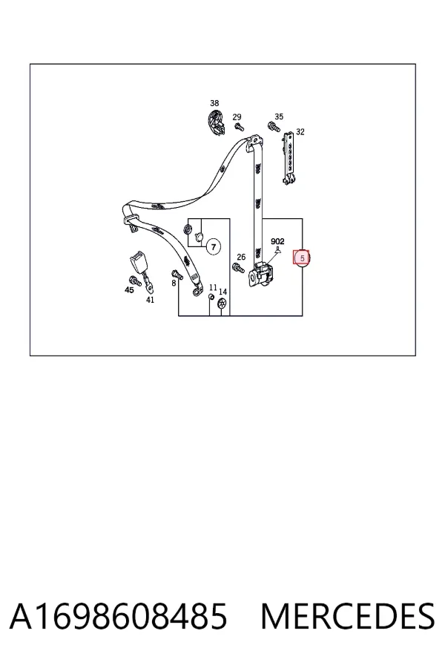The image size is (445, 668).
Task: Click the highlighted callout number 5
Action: tap(303, 258)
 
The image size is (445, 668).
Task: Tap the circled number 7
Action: tap(214, 246)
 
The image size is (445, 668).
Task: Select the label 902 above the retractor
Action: tap(277, 241)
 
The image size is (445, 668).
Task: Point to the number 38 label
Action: tap(214, 103)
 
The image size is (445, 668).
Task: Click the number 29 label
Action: tap(237, 117)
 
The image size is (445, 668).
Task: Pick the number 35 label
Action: tap(279, 117)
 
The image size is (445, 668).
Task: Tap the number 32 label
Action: tap(300, 132)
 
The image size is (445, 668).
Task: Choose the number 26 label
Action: tap(241, 257)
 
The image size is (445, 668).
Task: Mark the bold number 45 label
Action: tap(129, 290)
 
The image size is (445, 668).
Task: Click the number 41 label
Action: tap(150, 300)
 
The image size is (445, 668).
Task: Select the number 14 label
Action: tap(222, 292)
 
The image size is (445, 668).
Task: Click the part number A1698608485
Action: tap(118, 617)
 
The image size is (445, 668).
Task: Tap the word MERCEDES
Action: tap(348, 617)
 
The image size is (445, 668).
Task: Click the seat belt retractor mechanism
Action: tap(260, 274)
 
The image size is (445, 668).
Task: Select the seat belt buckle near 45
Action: tap(139, 261)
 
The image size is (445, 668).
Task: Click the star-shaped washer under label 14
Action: tap(222, 304)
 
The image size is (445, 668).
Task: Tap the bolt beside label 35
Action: tap(273, 126)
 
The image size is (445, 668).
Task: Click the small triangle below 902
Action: tap(277, 250)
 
